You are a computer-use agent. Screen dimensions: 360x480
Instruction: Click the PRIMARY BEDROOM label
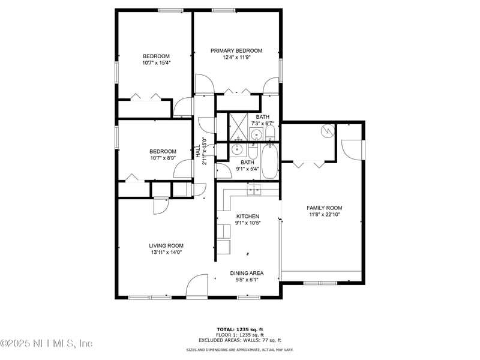(236, 51)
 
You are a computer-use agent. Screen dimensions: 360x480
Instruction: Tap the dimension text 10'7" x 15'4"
(156, 63)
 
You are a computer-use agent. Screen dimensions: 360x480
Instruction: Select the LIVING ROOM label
(166, 245)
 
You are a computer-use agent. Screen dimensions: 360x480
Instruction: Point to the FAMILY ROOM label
(325, 208)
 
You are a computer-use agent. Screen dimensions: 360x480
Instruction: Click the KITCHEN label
(247, 216)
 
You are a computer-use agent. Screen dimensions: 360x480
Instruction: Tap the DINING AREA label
(247, 273)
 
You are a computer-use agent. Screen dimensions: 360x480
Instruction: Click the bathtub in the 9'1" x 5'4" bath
(269, 160)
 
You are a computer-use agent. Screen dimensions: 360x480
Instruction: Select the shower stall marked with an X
(238, 126)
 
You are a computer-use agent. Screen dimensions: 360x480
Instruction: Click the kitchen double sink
(254, 190)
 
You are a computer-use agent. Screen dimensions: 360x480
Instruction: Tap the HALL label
(197, 152)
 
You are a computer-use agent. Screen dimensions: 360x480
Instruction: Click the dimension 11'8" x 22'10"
(325, 215)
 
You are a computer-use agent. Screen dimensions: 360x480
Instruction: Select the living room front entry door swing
(196, 287)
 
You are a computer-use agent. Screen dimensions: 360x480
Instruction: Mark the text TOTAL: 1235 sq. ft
(240, 329)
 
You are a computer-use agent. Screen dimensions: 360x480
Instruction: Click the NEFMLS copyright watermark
(46, 344)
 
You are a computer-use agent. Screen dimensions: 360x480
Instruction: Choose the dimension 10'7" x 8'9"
(163, 158)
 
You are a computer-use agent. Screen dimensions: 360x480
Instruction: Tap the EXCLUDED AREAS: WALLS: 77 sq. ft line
(240, 340)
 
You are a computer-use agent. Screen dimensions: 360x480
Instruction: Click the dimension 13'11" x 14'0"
(166, 253)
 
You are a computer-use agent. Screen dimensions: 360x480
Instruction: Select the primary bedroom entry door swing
(205, 84)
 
